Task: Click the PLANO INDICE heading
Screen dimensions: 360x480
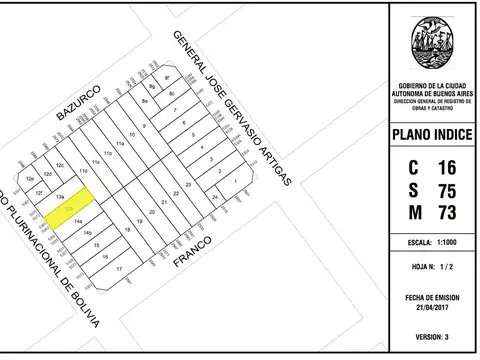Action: (x=433, y=135)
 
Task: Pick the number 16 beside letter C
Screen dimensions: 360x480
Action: (x=447, y=167)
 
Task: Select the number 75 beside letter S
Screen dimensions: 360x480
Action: (x=447, y=190)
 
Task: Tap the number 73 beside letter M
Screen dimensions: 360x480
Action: (x=447, y=213)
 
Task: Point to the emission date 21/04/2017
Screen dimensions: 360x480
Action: (x=433, y=305)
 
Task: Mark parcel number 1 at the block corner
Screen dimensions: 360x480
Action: (x=235, y=183)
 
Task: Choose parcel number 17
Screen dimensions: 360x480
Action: (x=119, y=269)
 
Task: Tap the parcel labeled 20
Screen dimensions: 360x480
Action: (x=152, y=213)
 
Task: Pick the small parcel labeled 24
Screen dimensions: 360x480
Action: (x=215, y=199)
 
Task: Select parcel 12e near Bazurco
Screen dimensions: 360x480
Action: (x=31, y=177)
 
